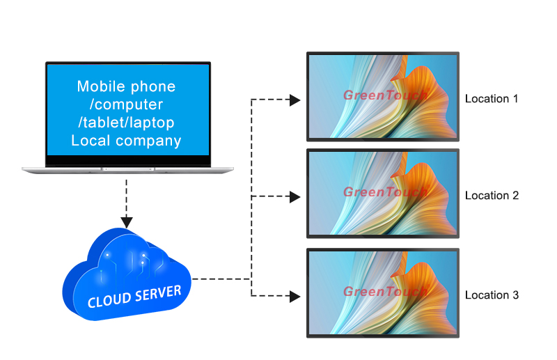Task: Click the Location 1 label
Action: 492,99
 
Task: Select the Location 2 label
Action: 492,196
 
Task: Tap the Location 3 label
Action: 492,295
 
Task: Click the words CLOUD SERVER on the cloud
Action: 134,296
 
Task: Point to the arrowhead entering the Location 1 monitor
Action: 295,100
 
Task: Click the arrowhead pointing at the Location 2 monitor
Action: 295,197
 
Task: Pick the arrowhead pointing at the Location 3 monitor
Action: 295,297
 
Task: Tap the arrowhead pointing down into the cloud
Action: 127,222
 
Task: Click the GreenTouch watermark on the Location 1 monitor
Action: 384,95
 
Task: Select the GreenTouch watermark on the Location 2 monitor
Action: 384,191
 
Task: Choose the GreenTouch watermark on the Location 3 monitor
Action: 384,291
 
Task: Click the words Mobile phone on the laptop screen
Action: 126,87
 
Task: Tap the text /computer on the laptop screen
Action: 126,104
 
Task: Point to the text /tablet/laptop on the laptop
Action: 126,123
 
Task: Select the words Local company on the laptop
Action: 126,141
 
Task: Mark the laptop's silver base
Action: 127,170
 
